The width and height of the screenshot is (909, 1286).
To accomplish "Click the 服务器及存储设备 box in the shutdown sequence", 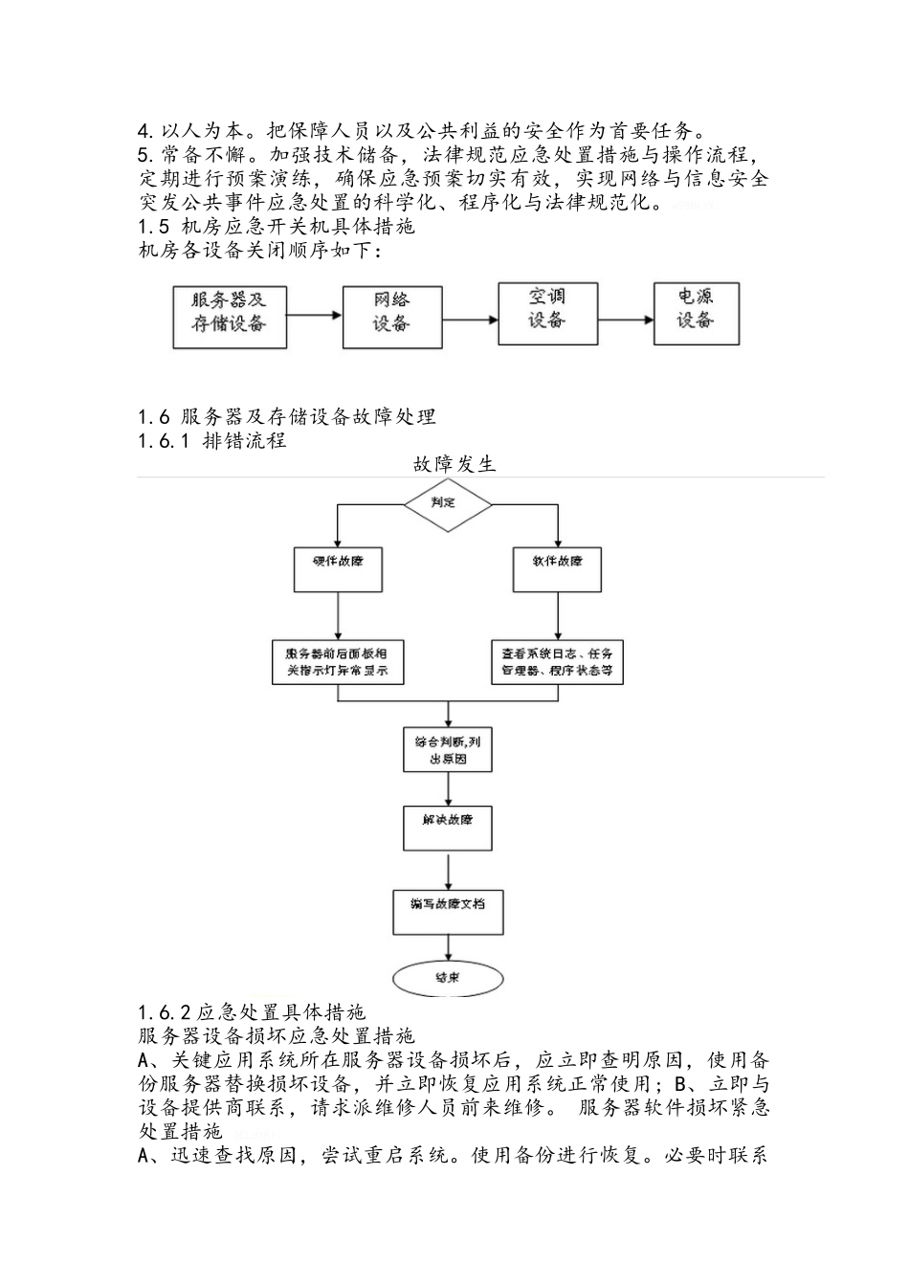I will [229, 314].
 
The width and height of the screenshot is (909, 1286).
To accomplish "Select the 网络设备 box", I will [391, 314].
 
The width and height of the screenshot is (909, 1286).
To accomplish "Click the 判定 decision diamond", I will [447, 502].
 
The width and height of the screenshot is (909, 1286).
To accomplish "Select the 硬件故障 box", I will [337, 568].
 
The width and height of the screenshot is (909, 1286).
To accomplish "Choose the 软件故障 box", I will [558, 568].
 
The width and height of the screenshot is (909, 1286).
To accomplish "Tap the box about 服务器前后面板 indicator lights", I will [337, 662].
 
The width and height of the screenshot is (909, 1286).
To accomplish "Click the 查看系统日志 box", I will [558, 662].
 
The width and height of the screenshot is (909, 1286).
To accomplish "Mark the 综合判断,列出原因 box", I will [447, 749].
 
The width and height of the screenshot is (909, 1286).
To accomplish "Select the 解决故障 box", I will [447, 827].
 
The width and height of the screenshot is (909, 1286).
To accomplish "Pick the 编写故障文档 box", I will [447, 911].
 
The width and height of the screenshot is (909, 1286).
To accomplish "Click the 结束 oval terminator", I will [447, 977].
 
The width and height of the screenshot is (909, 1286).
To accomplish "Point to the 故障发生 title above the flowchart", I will [454, 464].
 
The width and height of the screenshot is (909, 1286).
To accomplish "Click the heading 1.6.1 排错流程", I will [212, 441].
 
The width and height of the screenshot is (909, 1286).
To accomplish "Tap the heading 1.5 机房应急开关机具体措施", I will [277, 227].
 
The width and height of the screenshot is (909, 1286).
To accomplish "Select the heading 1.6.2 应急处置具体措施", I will [252, 1011].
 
